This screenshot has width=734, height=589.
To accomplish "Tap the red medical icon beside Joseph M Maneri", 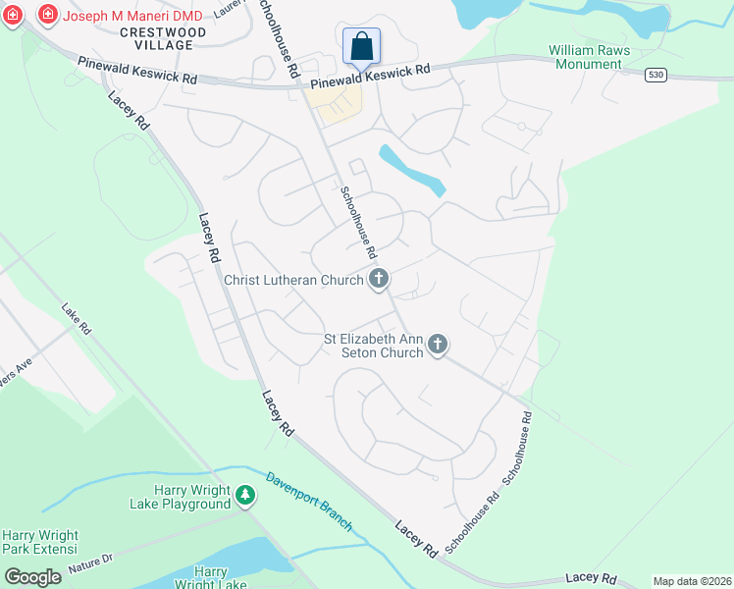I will coord(46,15).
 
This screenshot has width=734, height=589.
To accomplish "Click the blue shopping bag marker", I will coord(361,46).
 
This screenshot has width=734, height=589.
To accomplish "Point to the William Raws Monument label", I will coord(588,57).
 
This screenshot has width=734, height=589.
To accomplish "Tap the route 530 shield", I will coord(657,75).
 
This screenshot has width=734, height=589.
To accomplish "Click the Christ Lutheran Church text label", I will coord(293,281).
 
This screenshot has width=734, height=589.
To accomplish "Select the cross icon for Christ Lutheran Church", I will coord(379,281).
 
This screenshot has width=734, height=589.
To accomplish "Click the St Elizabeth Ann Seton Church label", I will coord(373,346).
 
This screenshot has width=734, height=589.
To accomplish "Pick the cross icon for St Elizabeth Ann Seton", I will coord(438,345).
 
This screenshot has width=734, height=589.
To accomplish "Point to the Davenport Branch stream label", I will coord(309,501).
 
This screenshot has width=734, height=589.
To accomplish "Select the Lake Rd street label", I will coord(75,319).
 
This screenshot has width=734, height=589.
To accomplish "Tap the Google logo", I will coord(32,576).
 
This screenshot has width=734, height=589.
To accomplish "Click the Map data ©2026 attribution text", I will coord(692,581).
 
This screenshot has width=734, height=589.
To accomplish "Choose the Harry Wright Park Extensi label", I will coord(39,543).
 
